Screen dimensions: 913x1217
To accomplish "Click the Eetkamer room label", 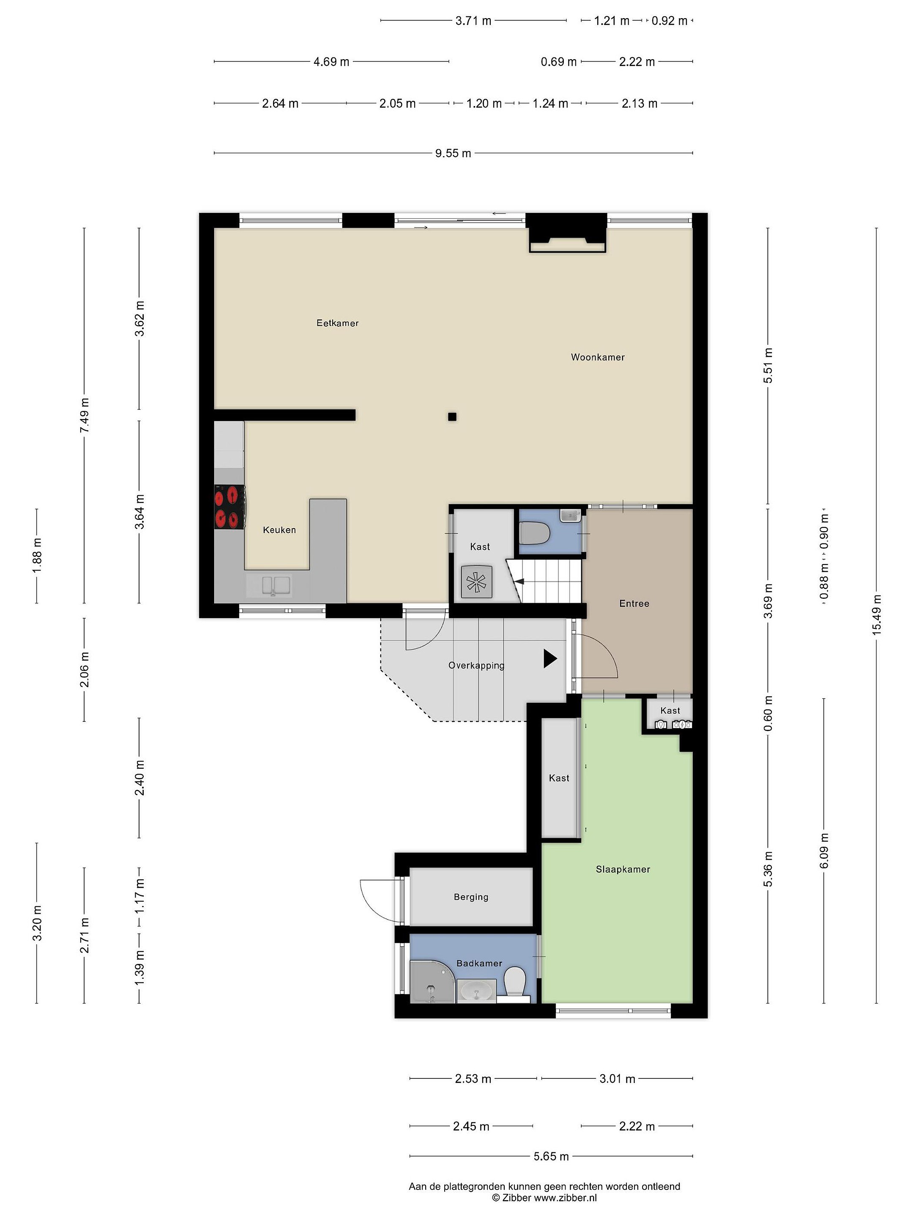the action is tap(337, 323).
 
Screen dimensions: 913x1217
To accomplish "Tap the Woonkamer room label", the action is tap(598, 357).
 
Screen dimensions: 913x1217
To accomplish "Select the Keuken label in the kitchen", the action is tap(279, 530).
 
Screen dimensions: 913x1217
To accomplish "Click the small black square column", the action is tap(452, 417).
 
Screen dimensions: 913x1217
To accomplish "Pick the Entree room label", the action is tap(634, 603).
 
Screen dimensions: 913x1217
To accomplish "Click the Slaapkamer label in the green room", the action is tap(623, 869).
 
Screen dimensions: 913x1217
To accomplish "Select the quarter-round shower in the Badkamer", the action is tap(432, 982).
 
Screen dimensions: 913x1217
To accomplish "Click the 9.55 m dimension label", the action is tap(453, 153).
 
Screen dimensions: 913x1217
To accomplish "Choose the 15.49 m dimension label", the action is tap(876, 615).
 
